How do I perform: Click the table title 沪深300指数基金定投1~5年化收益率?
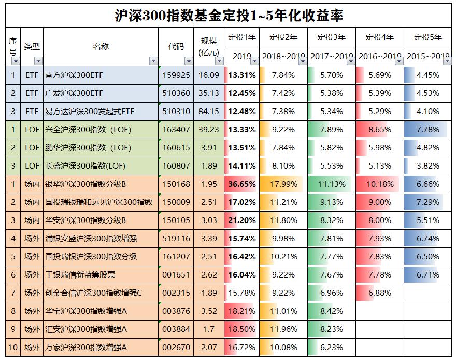(x=229, y=15)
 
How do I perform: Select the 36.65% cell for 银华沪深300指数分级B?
(x=241, y=184)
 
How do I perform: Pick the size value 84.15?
(x=209, y=112)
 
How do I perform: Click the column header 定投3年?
(x=331, y=37)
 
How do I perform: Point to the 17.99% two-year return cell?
(x=283, y=184)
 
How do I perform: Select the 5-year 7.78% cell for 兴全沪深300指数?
(x=427, y=130)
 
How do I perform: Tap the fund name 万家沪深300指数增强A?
(x=86, y=348)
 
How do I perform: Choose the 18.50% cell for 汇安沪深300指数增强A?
(x=241, y=329)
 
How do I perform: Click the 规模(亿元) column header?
(x=209, y=46)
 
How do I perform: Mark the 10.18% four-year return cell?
(x=379, y=184)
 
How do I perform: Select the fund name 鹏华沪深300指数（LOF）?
(x=88, y=148)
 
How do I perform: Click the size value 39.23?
(x=209, y=130)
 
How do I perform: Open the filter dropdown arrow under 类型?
(x=38, y=61)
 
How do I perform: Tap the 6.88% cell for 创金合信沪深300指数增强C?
(x=379, y=293)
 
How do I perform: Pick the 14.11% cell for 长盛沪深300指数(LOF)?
(x=241, y=166)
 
